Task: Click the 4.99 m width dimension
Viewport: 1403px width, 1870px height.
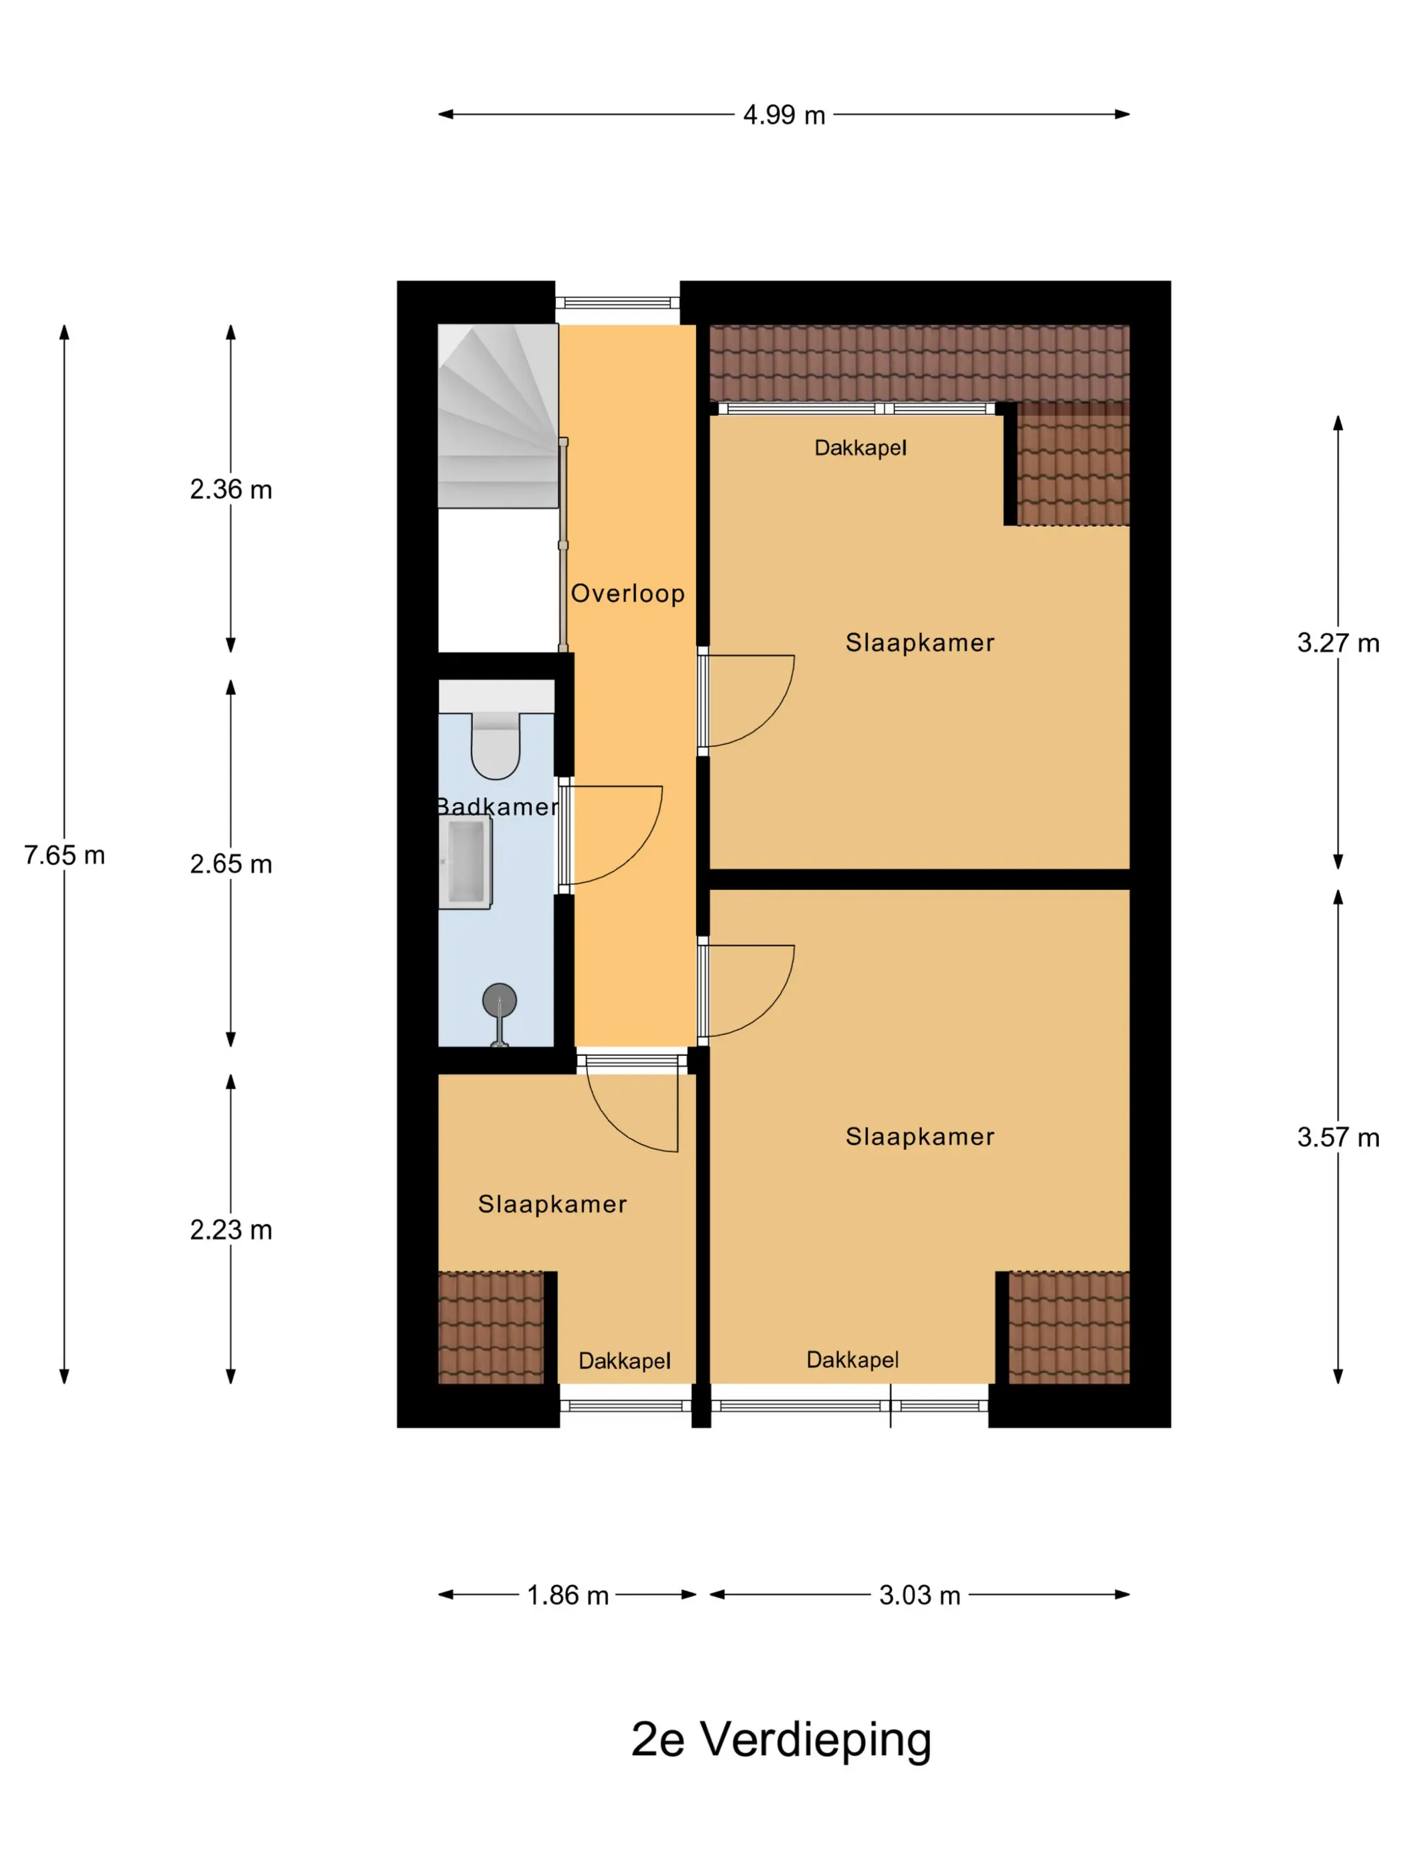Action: [783, 114]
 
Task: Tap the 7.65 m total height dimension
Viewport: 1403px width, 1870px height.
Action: [64, 855]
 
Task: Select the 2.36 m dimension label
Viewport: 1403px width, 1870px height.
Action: [231, 489]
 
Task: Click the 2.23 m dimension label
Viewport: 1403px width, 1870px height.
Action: [231, 1230]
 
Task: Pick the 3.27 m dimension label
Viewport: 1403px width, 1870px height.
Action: [1338, 642]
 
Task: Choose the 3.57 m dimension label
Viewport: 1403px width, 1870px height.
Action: [1338, 1137]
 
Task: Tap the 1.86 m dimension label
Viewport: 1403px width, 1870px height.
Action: [567, 1596]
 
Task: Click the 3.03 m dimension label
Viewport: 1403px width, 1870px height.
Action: [919, 1596]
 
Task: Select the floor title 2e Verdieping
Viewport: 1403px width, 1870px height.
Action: [782, 1740]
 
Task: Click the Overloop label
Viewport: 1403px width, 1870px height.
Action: [627, 594]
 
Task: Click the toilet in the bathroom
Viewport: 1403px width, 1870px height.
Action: [496, 745]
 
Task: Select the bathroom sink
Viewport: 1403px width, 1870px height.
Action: [465, 862]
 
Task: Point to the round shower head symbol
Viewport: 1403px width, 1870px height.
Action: [499, 1000]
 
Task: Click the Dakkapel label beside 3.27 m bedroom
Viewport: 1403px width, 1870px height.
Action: [860, 448]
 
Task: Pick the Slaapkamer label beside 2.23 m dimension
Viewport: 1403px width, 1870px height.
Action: [553, 1204]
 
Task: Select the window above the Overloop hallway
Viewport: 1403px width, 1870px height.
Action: [617, 303]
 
